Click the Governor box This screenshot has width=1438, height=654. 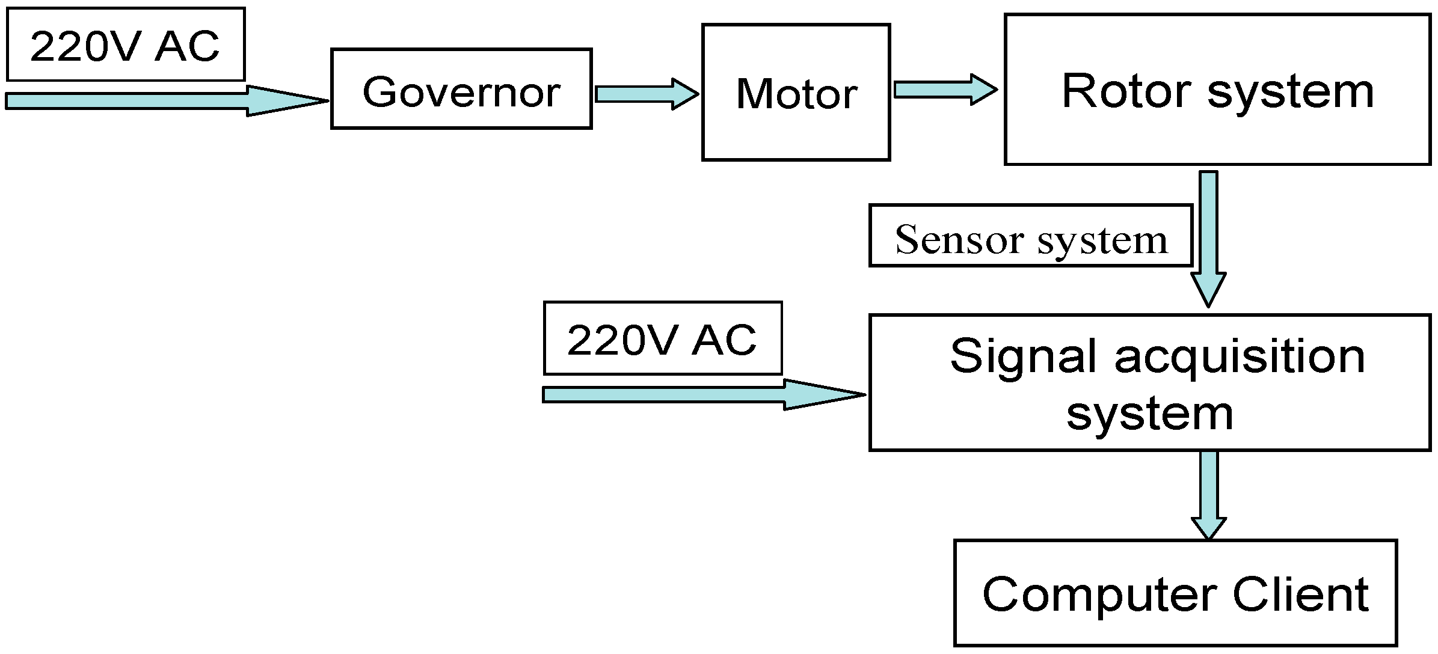(461, 89)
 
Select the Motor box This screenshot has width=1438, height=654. (796, 93)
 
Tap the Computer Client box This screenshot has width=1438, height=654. (1175, 593)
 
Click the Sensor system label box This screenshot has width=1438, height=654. (1030, 236)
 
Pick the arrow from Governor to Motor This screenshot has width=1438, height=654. (645, 94)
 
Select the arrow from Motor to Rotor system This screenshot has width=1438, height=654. (944, 90)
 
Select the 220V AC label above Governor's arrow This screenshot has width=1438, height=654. (125, 45)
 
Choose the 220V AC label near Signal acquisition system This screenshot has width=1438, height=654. (662, 338)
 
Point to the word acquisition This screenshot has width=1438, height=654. (1240, 356)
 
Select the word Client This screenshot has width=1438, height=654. (1300, 594)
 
